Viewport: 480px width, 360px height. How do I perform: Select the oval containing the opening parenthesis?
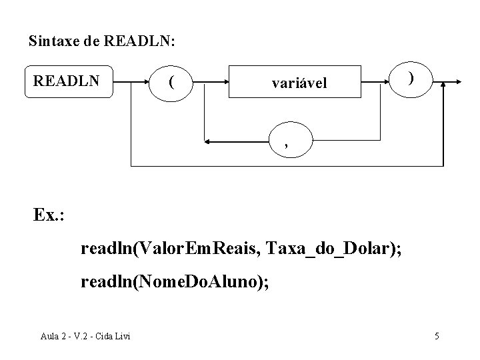point(173,82)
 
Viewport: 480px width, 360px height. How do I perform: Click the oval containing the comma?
point(288,142)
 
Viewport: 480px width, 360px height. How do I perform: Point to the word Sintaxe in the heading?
point(55,41)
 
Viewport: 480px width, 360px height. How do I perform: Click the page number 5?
point(437,335)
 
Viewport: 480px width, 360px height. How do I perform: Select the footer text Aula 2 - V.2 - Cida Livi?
point(85,335)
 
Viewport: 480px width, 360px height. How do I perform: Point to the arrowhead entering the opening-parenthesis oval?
point(149,82)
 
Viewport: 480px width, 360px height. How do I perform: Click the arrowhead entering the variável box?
point(225,83)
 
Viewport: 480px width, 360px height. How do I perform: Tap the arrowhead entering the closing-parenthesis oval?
point(388,81)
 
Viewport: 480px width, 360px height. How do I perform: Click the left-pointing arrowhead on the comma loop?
point(209,141)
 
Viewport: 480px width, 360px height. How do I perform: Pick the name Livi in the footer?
point(120,335)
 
